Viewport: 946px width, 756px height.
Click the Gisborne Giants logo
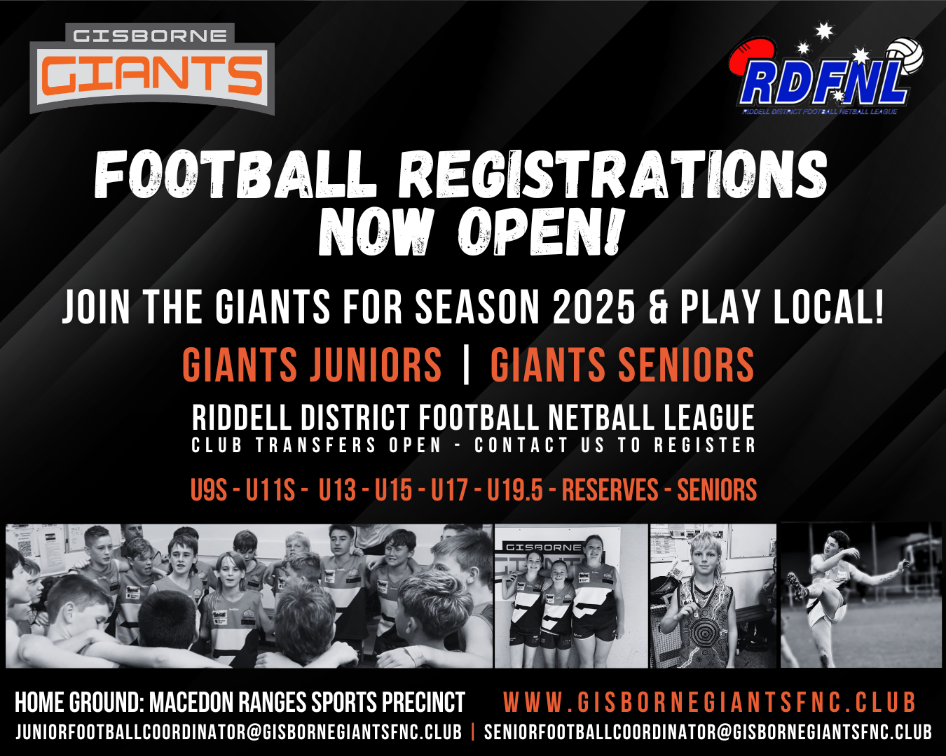coord(152,69)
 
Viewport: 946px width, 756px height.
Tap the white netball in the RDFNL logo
coord(905,57)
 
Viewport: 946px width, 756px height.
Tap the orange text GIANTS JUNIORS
coord(312,365)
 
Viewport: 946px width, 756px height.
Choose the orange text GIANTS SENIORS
coord(622,365)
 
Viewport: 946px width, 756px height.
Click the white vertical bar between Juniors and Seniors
coord(467,365)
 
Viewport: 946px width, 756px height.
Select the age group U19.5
coord(515,490)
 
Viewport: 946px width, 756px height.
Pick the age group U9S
coord(208,490)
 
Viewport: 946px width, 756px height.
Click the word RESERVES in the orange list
coord(610,490)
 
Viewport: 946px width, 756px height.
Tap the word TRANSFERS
coord(316,445)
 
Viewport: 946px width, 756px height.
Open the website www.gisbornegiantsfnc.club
coord(709,702)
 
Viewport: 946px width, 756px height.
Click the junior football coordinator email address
coord(239,732)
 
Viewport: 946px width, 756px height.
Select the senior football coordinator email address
coord(708,732)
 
